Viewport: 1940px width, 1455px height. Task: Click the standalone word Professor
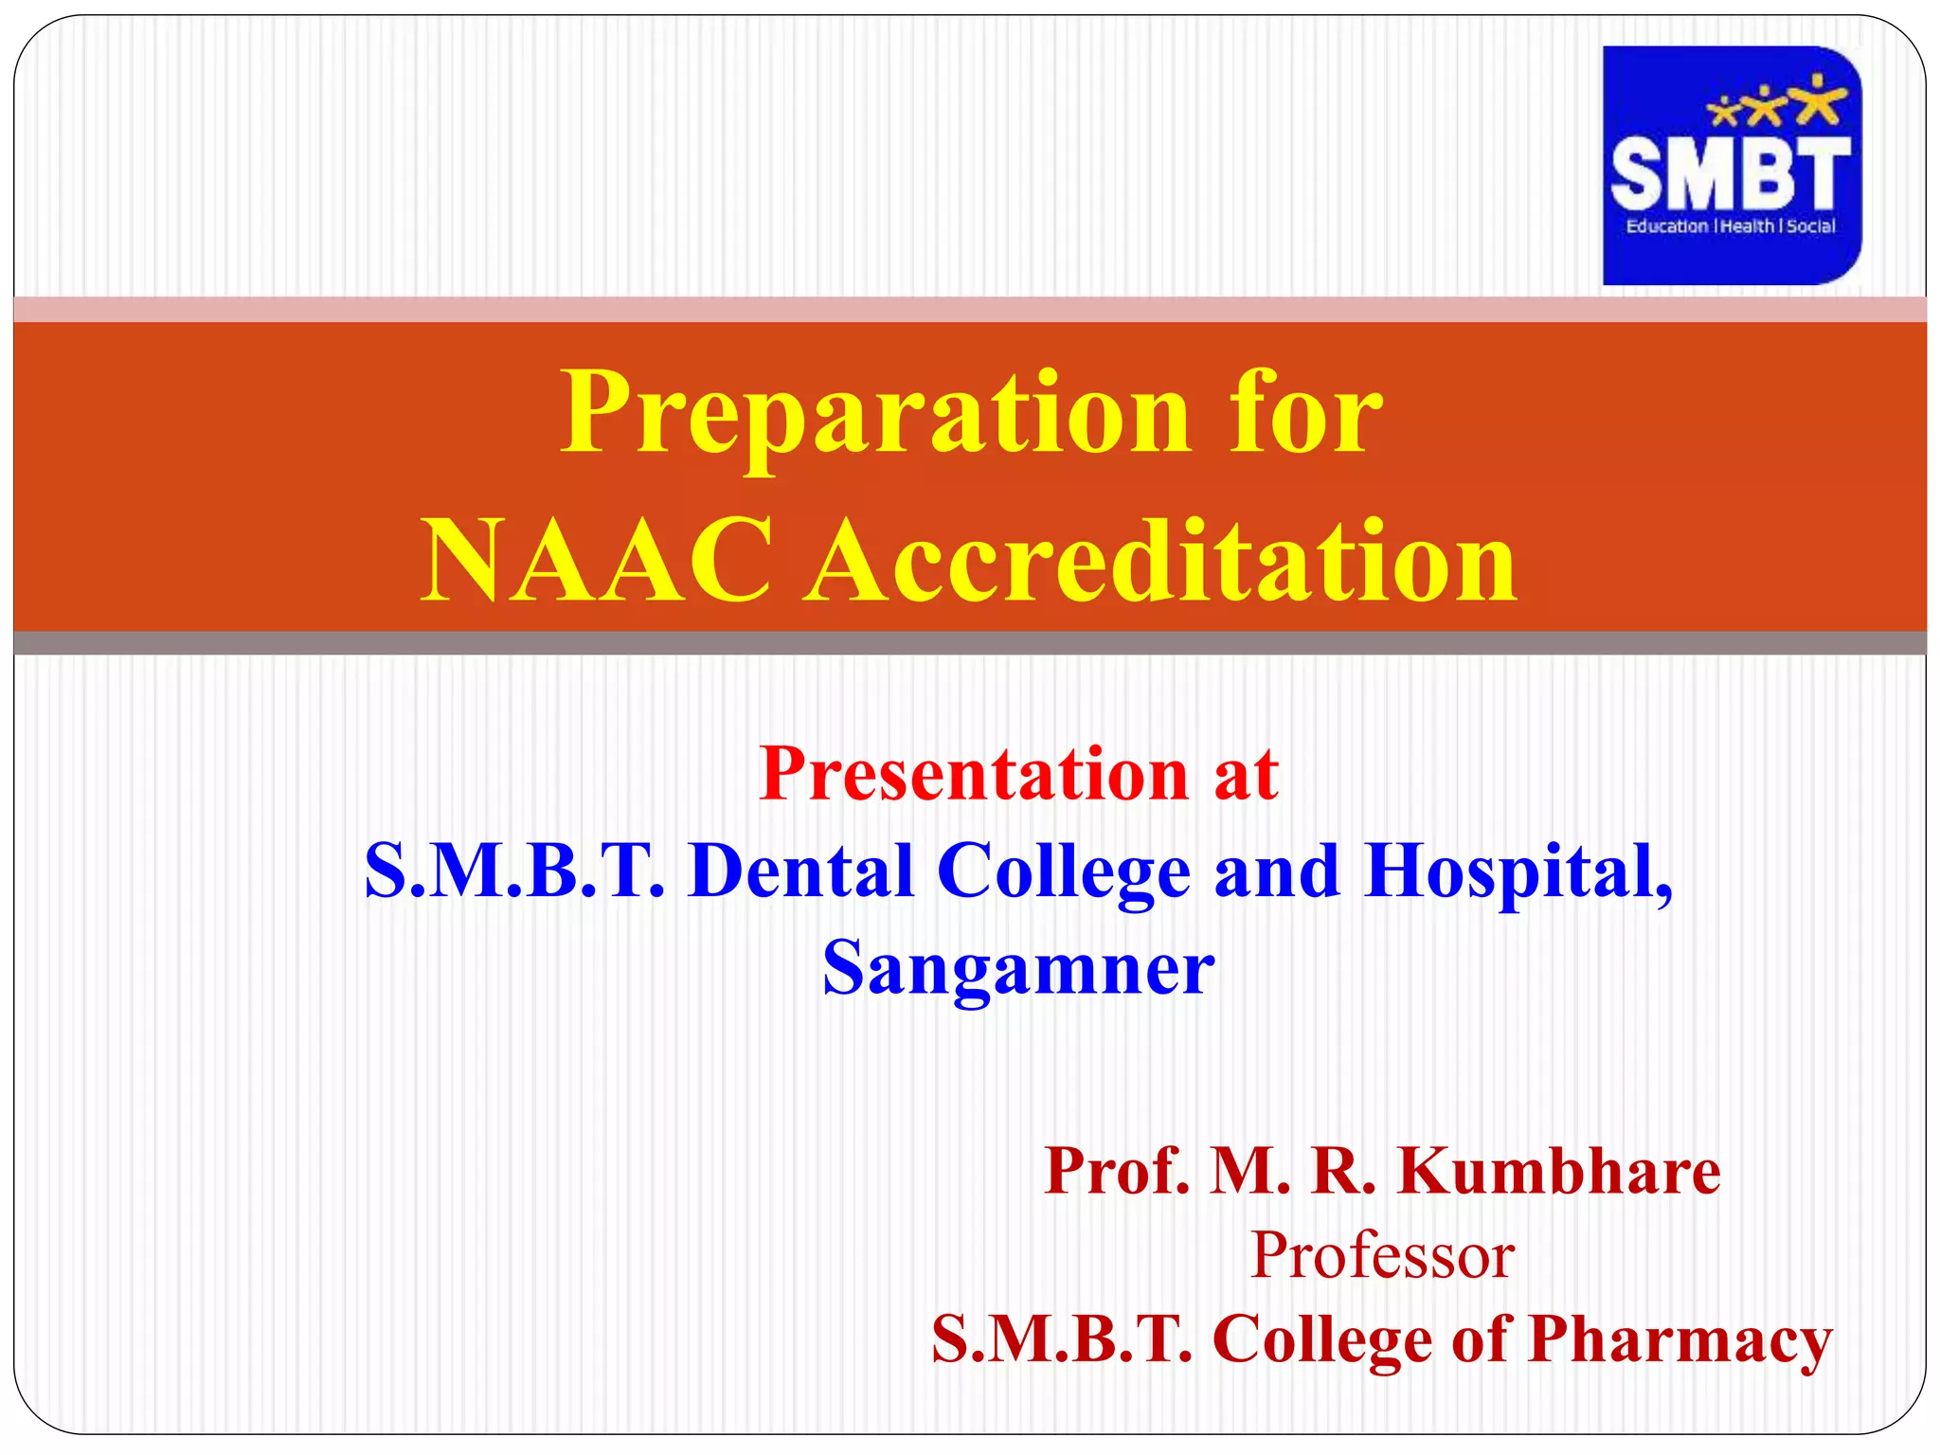pyautogui.click(x=1382, y=1255)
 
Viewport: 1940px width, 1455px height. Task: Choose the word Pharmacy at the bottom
pyautogui.click(x=1680, y=1340)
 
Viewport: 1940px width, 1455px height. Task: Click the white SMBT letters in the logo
pyautogui.click(x=1730, y=173)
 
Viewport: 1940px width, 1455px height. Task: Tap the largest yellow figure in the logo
pyautogui.click(x=1817, y=100)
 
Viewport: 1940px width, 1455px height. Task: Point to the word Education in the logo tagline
pyautogui.click(x=1666, y=226)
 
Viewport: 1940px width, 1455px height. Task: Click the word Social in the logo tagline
pyautogui.click(x=1811, y=226)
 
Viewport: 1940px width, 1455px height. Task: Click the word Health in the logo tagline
pyautogui.click(x=1748, y=226)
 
